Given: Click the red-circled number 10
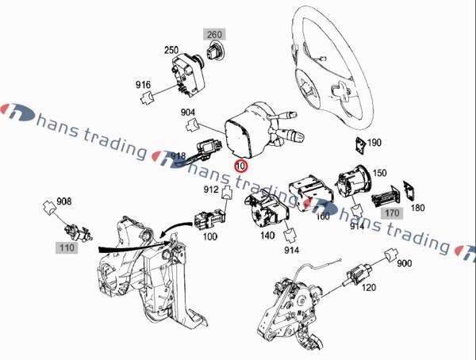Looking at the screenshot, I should pos(241,167).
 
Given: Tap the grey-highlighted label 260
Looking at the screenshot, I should pos(216,34).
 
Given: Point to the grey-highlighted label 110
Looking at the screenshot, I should pos(66,248).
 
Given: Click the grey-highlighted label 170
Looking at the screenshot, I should pos(392,213).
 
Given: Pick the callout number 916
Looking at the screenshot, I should pos(143,84).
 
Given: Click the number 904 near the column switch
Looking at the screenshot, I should pos(188,113).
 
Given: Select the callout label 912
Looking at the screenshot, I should pos(210,190).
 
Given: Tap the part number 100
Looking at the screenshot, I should pos(209,236).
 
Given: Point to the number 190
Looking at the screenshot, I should pos(374,143).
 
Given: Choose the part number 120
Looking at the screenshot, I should pos(367,289).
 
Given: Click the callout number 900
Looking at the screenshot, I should pos(404,263).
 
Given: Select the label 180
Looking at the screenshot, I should pos(416,208).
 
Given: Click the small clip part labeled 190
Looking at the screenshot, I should pos(359,144).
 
